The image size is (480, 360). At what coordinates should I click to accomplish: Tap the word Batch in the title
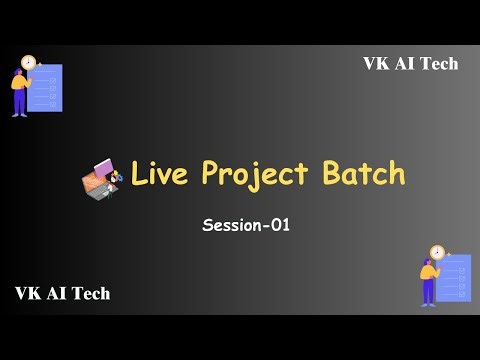(x=363, y=174)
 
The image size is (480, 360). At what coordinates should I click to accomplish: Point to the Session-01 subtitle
(x=245, y=225)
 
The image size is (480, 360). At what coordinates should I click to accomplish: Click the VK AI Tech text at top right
(x=410, y=64)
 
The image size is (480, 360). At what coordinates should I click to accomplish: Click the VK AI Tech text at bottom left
(x=62, y=293)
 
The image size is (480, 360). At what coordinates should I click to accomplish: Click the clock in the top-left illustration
(x=29, y=62)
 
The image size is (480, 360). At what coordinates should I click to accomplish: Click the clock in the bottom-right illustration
(x=437, y=252)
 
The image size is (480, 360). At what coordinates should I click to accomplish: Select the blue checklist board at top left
(x=47, y=88)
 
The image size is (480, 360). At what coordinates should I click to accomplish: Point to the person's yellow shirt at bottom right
(x=429, y=273)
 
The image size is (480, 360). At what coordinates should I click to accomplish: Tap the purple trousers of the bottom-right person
(x=429, y=292)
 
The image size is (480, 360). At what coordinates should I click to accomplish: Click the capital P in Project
(x=212, y=174)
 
